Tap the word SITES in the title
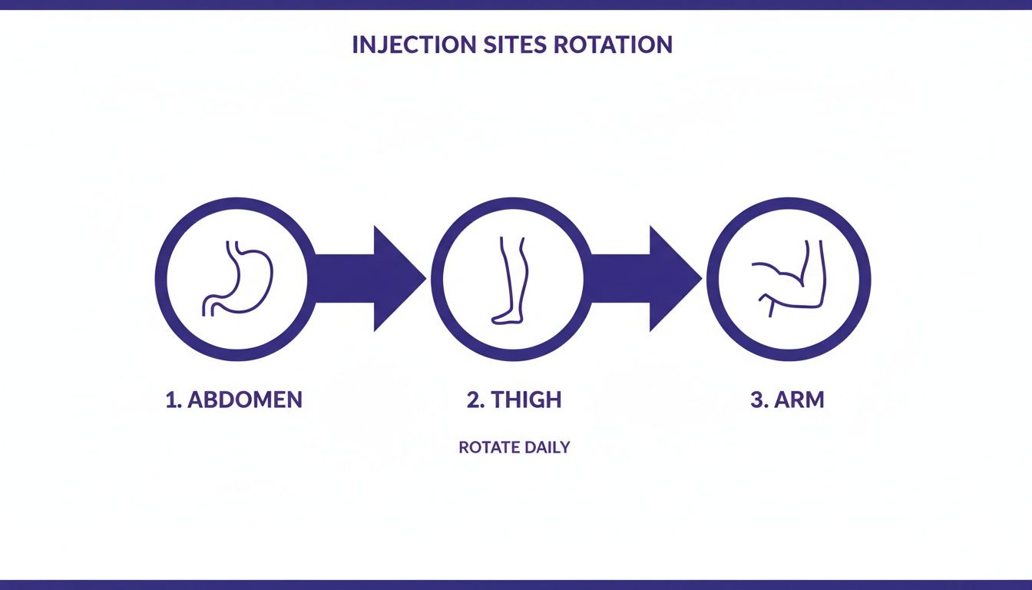(497, 45)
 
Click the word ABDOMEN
(244, 400)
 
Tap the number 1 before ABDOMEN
(171, 400)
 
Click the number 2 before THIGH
(473, 400)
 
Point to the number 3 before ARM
(756, 400)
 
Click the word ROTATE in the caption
(488, 447)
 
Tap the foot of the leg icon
(503, 315)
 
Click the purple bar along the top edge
(516, 4)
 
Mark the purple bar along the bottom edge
(516, 585)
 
